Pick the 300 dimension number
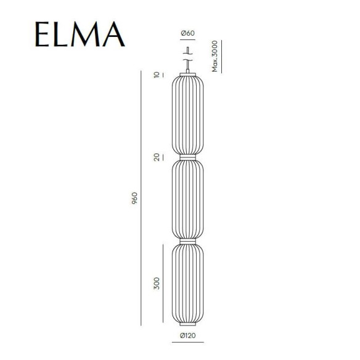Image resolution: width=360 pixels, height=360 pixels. (157, 283)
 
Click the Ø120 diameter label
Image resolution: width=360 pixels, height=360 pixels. (187, 335)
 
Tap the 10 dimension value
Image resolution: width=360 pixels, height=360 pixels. (157, 75)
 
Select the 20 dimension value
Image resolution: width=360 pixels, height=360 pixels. (157, 157)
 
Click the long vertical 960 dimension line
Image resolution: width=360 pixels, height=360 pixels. (142, 198)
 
